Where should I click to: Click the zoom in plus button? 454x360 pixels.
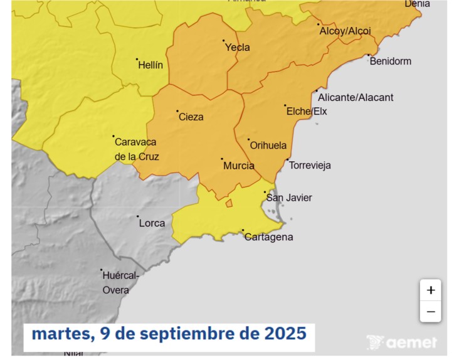coord(430,290)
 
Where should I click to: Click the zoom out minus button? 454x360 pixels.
coord(430,311)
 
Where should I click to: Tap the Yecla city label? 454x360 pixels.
coord(238,48)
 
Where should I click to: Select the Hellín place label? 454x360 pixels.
coord(150,65)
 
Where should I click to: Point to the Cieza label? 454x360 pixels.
coord(191,117)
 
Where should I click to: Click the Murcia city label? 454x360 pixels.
coord(239,166)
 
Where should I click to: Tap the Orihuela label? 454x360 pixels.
coord(268,146)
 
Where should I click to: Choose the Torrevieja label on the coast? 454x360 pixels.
coord(310,166)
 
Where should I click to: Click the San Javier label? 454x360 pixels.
coord(289,198)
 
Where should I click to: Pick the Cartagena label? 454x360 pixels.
coord(268,237)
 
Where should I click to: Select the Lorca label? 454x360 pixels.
coord(152,223)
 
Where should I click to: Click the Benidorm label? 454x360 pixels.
coord(391,61)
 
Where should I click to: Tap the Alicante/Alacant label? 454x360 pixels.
coord(356,97)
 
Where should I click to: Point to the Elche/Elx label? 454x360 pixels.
coord(307,112)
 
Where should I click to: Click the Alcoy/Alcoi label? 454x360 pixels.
coord(345,31)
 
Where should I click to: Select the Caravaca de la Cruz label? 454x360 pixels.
coord(136,149)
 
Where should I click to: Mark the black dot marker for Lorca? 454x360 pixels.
coord(138,217)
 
